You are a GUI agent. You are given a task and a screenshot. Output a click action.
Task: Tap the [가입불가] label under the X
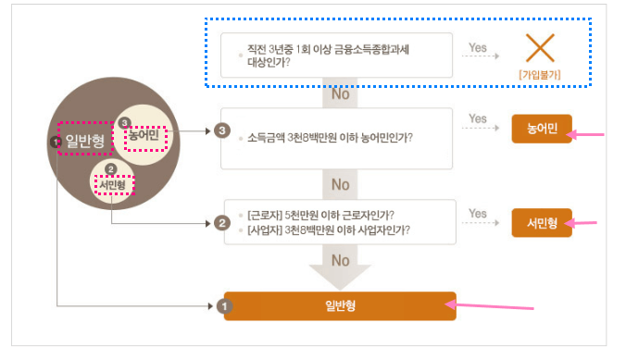pos(541,72)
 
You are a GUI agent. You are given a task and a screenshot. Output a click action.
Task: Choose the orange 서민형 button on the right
pos(542,222)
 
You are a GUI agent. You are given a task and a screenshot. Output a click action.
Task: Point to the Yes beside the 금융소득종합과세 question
pos(478,46)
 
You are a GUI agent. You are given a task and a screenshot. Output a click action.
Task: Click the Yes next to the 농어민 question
pos(478,119)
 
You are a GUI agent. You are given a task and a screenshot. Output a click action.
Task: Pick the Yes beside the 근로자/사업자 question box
pos(478,214)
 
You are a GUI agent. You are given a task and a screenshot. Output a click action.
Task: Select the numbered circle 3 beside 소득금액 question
pos(221,130)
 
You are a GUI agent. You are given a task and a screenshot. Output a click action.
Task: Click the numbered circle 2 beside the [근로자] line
pos(221,223)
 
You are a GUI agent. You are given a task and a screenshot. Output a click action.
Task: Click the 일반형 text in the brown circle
pos(83,141)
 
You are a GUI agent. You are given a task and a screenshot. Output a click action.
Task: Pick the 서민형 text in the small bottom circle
pos(112,184)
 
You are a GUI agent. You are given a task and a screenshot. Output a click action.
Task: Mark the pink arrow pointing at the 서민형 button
pos(585,223)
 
